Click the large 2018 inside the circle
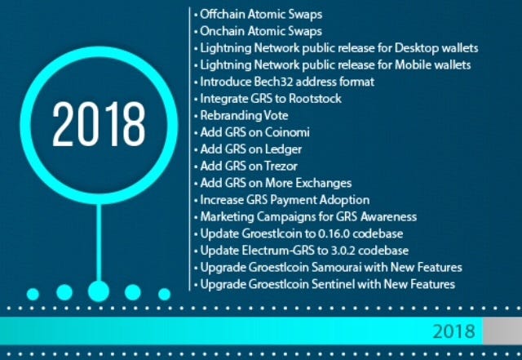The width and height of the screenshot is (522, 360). tap(99, 124)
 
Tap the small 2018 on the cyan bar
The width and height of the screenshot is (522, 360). tap(453, 331)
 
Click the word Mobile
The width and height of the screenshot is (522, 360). tap(414, 65)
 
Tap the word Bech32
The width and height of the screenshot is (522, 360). tap(273, 82)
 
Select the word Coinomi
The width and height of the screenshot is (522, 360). tap(287, 133)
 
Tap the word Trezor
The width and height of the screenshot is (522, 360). tap(281, 167)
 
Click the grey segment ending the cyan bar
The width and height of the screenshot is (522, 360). tap(502, 331)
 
